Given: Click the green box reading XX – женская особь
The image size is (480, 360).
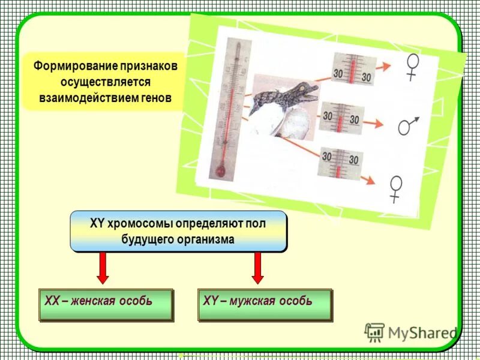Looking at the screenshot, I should tap(106, 304).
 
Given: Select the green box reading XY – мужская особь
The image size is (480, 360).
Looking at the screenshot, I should tap(264, 304).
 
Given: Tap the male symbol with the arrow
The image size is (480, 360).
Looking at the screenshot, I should tap(408, 125).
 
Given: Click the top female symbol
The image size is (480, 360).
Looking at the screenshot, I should tap(412, 66).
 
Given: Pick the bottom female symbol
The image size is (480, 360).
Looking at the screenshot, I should tap(395, 188).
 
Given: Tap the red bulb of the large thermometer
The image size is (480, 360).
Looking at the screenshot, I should tap(220, 172).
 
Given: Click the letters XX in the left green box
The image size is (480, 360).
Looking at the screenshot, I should tap(52, 301).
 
